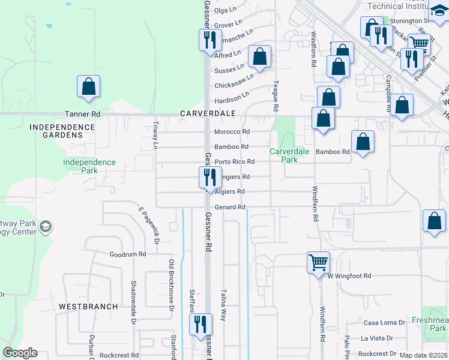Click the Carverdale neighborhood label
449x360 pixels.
[x=206, y=113]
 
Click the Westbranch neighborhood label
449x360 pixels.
[x=88, y=306]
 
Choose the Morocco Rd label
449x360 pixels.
[x=232, y=131]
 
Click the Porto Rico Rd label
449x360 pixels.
[x=235, y=161]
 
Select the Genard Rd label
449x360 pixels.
[x=231, y=207]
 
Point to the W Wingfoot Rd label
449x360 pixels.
[x=349, y=276]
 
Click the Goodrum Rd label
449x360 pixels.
[x=128, y=254]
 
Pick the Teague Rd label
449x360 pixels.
[x=276, y=96]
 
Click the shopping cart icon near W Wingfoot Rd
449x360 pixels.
[x=318, y=262]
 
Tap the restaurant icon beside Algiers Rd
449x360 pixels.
[x=209, y=178]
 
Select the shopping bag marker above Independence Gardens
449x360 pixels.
[x=88, y=86]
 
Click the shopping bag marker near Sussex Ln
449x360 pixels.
[x=260, y=57]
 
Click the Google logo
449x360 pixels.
[x=20, y=353]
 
